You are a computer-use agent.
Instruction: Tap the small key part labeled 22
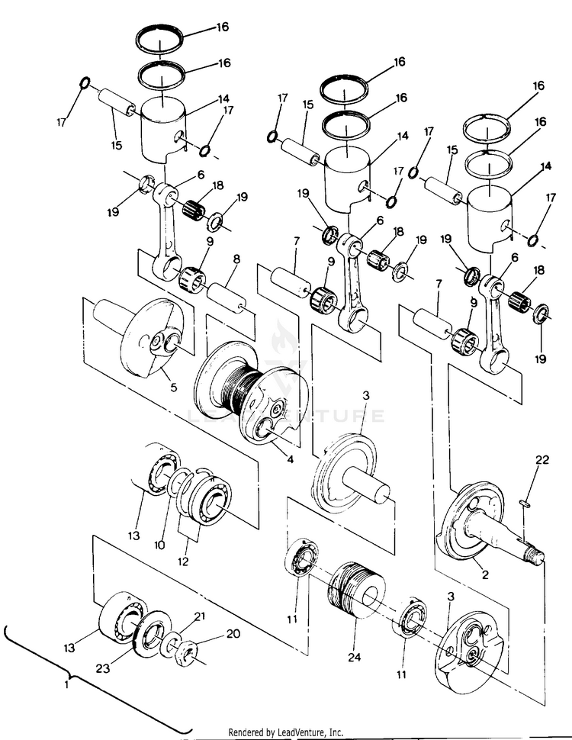(524, 501)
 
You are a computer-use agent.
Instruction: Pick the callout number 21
(200, 616)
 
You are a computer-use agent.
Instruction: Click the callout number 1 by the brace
(66, 686)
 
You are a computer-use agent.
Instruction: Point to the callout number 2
(482, 568)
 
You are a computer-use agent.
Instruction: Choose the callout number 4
(290, 460)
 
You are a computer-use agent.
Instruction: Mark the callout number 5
(173, 388)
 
